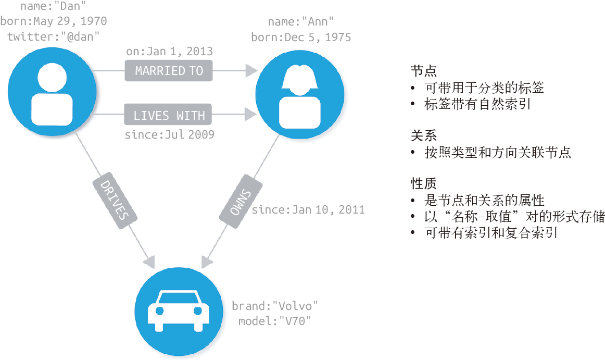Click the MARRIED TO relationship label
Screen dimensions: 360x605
tap(169, 70)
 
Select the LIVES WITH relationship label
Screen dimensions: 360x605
tap(169, 115)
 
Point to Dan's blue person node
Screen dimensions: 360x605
tap(52, 92)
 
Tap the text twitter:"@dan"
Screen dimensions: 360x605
tap(53, 36)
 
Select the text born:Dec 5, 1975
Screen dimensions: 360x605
tap(301, 38)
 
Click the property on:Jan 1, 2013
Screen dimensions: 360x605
tap(169, 51)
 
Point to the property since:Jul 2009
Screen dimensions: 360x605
tap(169, 134)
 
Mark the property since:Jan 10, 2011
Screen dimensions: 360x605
tap(308, 210)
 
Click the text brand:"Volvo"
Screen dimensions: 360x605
tap(274, 306)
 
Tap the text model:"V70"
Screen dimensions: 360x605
tap(274, 321)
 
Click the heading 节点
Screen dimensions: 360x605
tap(423, 71)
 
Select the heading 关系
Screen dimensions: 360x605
tap(423, 136)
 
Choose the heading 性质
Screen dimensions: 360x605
tap(423, 183)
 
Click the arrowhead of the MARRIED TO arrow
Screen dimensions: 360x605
tap(252, 70)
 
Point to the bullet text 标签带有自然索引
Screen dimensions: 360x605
tap(477, 104)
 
